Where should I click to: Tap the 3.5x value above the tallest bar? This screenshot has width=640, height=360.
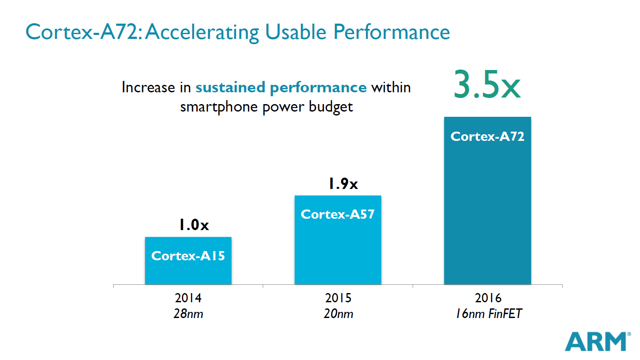coord(487,84)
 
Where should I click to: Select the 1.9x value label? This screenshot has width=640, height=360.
coord(343,184)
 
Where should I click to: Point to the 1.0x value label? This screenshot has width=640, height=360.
coord(194,225)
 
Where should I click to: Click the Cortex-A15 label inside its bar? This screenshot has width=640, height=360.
coord(188,256)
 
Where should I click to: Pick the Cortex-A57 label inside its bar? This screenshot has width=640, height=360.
coord(337,214)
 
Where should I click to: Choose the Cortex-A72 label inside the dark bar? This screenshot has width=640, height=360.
coord(487,136)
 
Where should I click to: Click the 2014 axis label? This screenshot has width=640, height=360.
coord(188,298)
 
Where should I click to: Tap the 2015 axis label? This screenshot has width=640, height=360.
coord(338,298)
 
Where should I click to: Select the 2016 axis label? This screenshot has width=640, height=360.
coord(488,298)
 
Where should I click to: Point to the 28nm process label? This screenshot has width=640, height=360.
coord(188,314)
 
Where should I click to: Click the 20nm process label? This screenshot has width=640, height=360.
coord(338,314)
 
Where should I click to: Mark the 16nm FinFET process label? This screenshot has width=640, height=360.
coord(488,314)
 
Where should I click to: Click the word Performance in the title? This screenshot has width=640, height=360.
coord(391,32)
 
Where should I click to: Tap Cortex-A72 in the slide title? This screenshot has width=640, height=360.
coord(82,32)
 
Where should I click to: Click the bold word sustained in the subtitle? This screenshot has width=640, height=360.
coord(230,87)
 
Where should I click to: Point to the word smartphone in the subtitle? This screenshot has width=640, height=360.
coord(219,107)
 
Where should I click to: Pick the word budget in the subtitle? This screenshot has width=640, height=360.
coord(330,107)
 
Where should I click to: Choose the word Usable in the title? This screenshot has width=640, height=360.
coord(296,32)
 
